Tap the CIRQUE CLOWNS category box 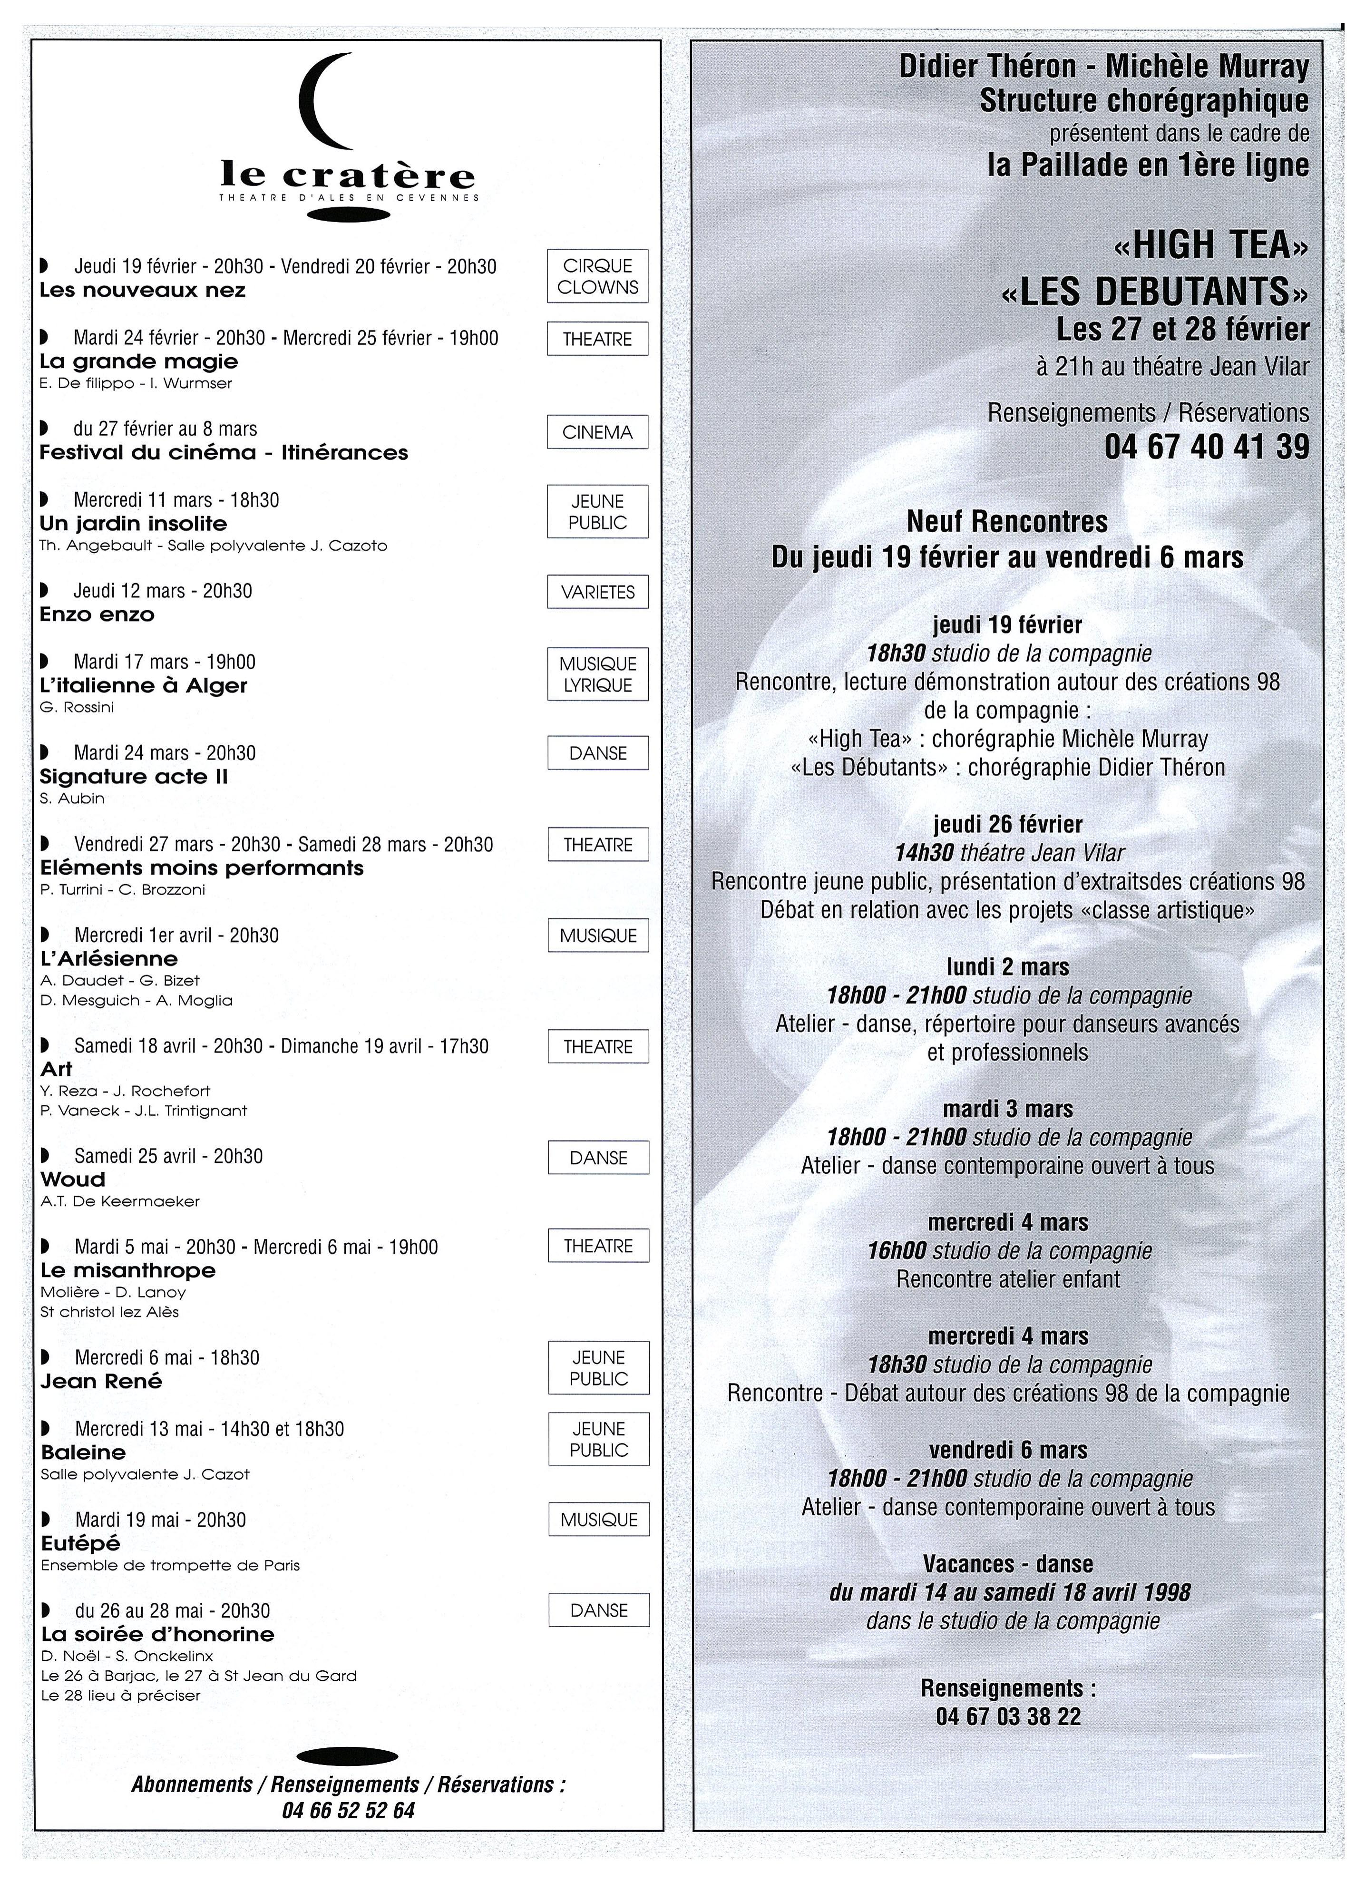(597, 276)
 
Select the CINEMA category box (597, 431)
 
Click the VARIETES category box (597, 592)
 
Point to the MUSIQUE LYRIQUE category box (597, 674)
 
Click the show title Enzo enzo (97, 615)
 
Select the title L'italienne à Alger (144, 685)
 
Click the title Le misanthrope (128, 1270)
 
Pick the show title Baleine (83, 1452)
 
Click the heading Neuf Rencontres (1007, 521)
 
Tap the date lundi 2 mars (1007, 967)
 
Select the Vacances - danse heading (1007, 1564)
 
